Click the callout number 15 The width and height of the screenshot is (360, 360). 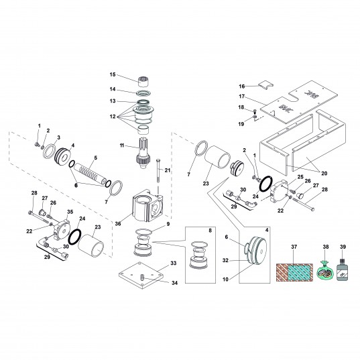point(113,74)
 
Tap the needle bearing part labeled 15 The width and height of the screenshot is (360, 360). point(143,82)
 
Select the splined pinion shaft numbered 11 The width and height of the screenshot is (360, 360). point(143,153)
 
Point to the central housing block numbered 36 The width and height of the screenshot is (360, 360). point(147,206)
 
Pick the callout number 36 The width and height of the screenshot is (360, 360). point(118,223)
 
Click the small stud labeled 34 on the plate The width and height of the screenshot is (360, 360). point(142,278)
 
